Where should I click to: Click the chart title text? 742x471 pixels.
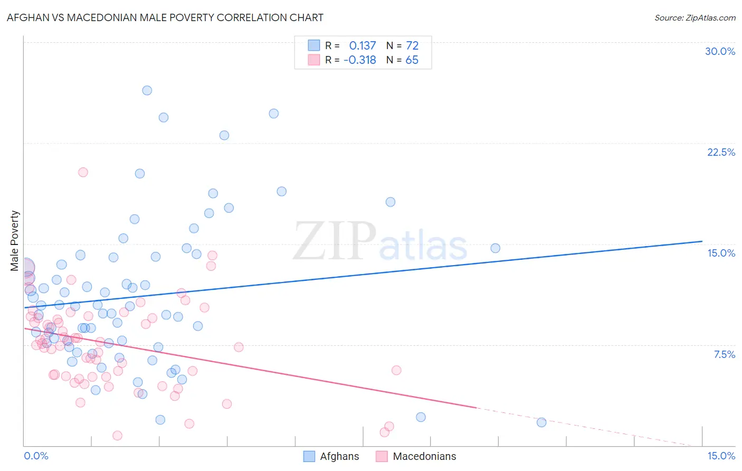165,17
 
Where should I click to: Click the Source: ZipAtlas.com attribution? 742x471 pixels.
695,17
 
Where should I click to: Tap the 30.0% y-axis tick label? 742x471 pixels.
720,51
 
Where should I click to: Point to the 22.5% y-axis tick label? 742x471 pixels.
721,152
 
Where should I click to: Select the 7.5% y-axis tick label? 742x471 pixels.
724,354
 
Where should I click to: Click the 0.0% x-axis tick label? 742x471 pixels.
36,456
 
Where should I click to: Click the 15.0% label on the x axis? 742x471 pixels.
721,456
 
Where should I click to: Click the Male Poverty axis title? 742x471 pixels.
14,241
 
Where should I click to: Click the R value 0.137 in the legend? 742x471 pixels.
363,46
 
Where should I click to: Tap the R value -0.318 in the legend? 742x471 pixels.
360,60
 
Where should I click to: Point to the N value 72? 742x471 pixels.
412,46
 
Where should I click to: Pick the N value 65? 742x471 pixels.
412,60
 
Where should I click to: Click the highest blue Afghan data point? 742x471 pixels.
147,90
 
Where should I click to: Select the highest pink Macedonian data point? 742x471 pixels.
83,172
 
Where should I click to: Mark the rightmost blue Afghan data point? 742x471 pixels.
541,422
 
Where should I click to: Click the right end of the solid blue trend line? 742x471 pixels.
702,241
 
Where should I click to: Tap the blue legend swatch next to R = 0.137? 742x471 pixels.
314,45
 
